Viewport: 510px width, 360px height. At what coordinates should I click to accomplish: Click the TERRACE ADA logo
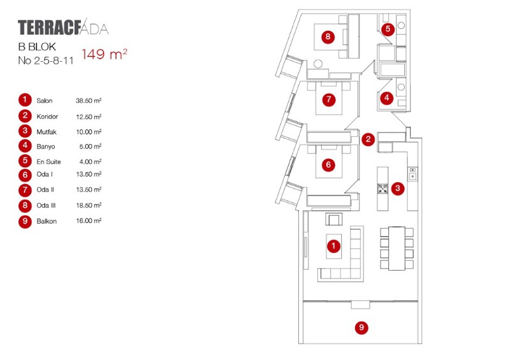(63, 28)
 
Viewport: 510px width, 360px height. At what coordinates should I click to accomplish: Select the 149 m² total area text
(104, 54)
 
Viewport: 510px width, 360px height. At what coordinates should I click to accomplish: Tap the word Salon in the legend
(45, 101)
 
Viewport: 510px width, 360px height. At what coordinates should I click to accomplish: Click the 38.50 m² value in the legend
(89, 101)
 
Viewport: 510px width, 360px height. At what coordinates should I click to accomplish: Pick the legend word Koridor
(47, 117)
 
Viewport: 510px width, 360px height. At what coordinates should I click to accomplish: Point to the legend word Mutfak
(47, 131)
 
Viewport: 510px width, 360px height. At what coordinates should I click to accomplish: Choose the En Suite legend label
(48, 162)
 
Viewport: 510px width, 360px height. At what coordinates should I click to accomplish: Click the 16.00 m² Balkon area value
(89, 220)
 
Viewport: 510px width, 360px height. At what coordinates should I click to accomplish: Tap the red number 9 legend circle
(25, 222)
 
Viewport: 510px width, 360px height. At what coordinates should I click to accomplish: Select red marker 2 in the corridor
(368, 140)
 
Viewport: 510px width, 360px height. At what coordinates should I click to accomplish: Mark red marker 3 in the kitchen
(397, 188)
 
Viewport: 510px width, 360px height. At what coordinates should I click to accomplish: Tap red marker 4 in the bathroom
(386, 98)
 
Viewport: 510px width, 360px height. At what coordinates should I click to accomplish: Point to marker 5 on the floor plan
(388, 29)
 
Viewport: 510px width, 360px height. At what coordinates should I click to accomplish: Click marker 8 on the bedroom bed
(328, 37)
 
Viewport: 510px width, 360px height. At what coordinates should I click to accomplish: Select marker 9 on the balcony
(361, 328)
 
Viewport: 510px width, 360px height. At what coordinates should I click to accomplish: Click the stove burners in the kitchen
(382, 188)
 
